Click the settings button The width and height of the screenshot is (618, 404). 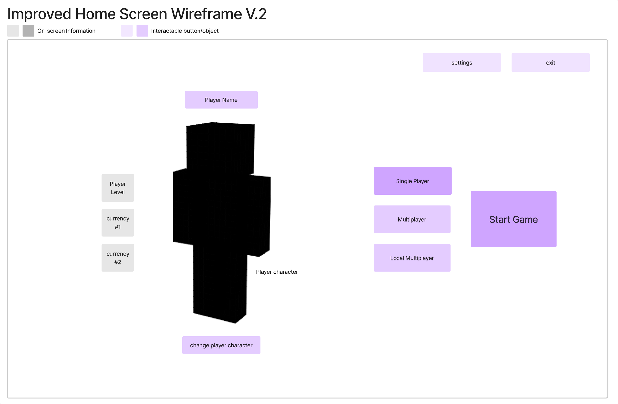click(x=462, y=63)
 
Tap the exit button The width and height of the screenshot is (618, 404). click(x=550, y=63)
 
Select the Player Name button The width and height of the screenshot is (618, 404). click(x=221, y=100)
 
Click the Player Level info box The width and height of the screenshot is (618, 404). click(x=118, y=188)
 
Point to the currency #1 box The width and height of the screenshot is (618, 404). click(x=118, y=223)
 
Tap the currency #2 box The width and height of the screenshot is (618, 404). click(x=118, y=258)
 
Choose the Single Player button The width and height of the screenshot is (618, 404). click(x=412, y=181)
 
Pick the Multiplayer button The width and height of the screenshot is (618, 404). click(x=412, y=219)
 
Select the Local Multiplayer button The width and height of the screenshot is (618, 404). click(x=412, y=258)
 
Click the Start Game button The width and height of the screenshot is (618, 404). click(x=513, y=219)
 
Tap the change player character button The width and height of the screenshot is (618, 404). click(x=221, y=345)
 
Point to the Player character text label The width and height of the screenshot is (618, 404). click(x=277, y=272)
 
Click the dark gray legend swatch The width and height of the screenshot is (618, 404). click(x=28, y=31)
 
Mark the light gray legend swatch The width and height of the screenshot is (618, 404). click(x=13, y=31)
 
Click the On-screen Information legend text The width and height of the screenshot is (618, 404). click(x=66, y=31)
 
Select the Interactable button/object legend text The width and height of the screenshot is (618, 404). click(x=185, y=31)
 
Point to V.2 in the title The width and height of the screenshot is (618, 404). click(x=256, y=14)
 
